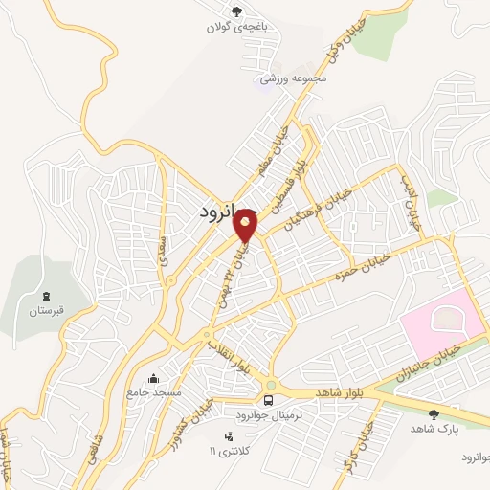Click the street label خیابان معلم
pos(275,153)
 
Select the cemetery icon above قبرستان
pos(45,294)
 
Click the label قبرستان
pos(45,312)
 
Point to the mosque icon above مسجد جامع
pos(153,377)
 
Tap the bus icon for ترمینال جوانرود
pos(269,400)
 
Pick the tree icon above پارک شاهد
pos(434,414)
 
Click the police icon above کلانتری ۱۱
pos(227,435)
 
